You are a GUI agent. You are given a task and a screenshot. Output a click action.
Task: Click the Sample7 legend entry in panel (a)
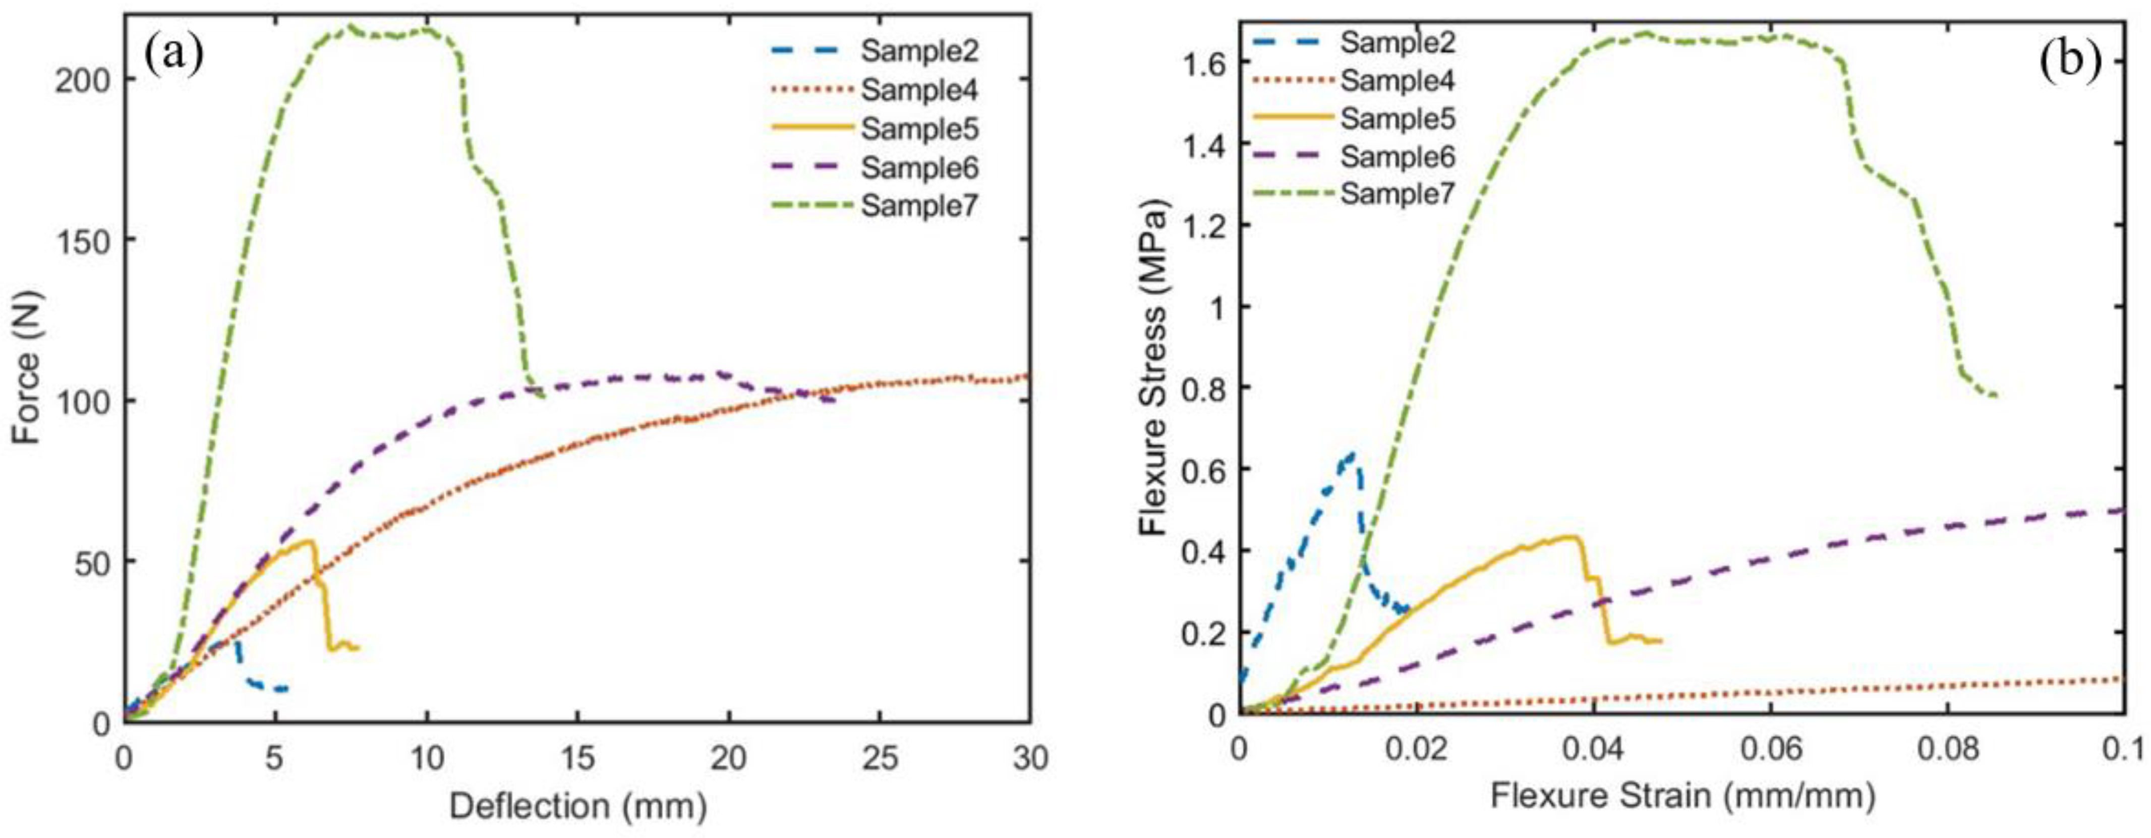click(x=918, y=205)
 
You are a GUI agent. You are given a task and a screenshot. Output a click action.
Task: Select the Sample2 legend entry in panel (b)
click(x=1398, y=42)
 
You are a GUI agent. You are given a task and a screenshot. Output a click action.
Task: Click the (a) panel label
click(x=173, y=54)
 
